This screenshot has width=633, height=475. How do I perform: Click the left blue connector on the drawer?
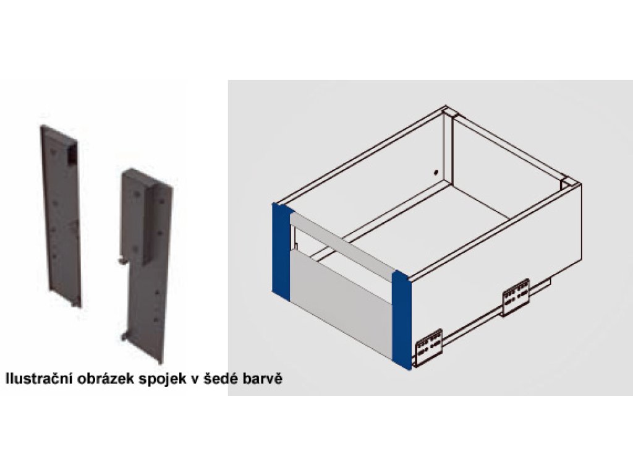(x=281, y=252)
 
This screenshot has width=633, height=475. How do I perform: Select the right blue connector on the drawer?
(x=402, y=320)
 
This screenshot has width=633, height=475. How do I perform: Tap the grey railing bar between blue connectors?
(x=342, y=244)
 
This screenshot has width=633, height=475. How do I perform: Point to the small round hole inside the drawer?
(x=436, y=173)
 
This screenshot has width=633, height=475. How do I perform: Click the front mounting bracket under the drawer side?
(x=429, y=348)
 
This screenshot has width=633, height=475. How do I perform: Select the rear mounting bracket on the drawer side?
(x=516, y=297)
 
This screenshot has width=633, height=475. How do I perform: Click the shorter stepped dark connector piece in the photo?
(x=147, y=265)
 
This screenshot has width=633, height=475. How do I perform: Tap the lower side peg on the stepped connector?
(x=124, y=336)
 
